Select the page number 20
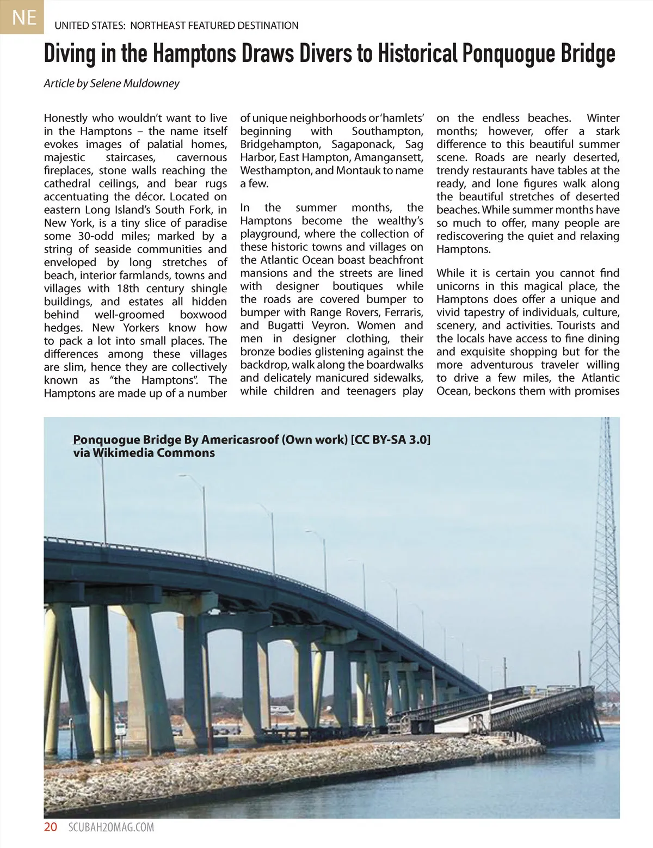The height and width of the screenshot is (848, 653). (x=50, y=827)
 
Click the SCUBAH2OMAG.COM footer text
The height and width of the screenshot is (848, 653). (x=112, y=827)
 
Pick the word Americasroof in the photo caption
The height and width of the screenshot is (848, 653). (x=240, y=440)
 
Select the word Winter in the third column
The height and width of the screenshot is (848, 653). (x=603, y=118)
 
